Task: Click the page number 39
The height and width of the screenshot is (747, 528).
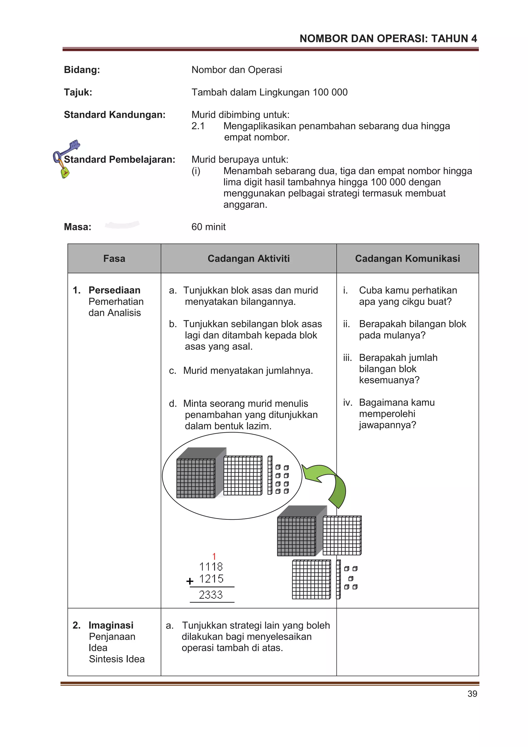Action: (472, 694)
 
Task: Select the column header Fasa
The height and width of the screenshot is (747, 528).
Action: (114, 258)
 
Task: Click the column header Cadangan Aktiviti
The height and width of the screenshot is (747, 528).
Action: (249, 258)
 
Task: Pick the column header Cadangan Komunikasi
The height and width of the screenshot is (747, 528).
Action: (407, 258)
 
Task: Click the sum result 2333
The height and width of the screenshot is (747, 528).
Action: (211, 595)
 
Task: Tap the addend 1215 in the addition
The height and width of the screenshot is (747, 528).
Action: (211, 579)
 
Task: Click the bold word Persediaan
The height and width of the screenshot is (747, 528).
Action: (114, 290)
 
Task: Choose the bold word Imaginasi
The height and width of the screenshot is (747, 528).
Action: (111, 625)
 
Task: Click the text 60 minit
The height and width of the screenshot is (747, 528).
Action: (208, 227)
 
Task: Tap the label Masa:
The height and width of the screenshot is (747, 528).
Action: (77, 227)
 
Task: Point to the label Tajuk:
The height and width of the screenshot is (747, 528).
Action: (78, 92)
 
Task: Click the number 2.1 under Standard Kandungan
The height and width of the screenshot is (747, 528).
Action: (198, 126)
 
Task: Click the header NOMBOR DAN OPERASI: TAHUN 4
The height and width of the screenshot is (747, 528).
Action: (388, 39)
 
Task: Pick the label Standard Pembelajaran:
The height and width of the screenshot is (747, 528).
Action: (119, 159)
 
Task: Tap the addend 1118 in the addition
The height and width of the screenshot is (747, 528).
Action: (211, 567)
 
